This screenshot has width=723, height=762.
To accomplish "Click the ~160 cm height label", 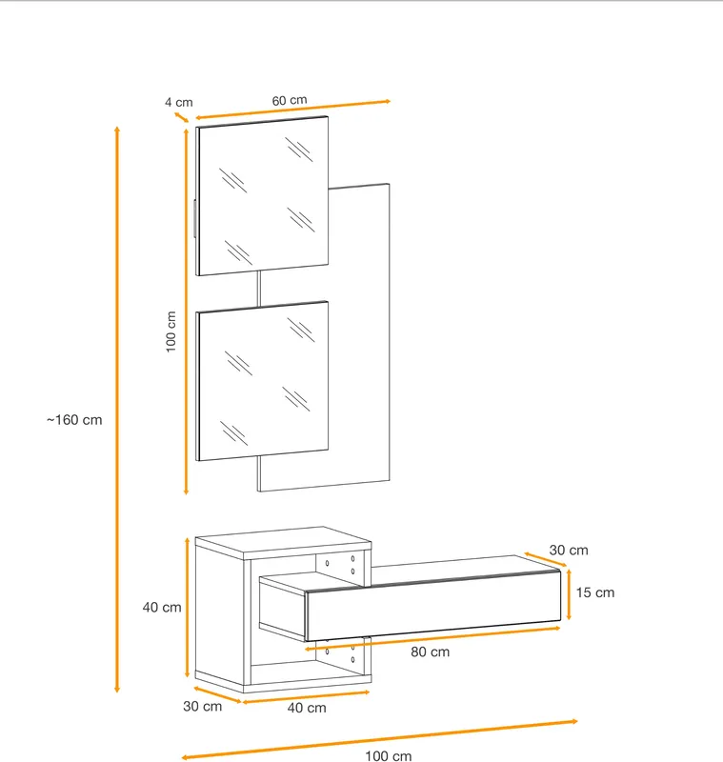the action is tap(74, 420).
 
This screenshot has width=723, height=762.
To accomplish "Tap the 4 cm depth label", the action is tap(179, 102).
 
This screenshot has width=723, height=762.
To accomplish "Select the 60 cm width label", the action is tap(290, 100).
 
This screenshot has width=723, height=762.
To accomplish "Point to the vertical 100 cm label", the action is tap(171, 331).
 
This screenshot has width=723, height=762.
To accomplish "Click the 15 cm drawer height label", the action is tap(595, 592).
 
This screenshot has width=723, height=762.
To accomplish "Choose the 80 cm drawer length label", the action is tap(430, 652).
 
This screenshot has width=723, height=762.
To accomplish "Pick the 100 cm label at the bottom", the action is tap(389, 755).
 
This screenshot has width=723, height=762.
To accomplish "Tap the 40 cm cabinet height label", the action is tap(162, 607).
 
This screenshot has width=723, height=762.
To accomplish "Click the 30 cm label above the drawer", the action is tap(569, 551).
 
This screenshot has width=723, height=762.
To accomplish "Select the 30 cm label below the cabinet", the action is tap(202, 706).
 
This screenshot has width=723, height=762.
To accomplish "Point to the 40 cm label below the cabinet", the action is tap(307, 708).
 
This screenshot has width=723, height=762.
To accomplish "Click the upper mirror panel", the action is tap(262, 196).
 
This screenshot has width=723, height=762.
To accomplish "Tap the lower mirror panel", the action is tap(262, 381).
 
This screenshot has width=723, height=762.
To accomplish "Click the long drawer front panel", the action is tap(432, 606).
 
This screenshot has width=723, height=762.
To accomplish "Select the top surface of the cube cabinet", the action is tap(283, 540).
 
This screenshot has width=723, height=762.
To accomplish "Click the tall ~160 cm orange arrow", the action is tap(116, 410).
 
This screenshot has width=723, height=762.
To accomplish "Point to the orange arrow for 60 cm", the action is tap(293, 110).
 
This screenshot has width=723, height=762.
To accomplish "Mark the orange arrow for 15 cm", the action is tap(569, 594).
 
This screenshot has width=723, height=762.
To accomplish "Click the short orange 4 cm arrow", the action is tap(181, 117).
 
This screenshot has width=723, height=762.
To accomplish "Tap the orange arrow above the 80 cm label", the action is tap(432, 638).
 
